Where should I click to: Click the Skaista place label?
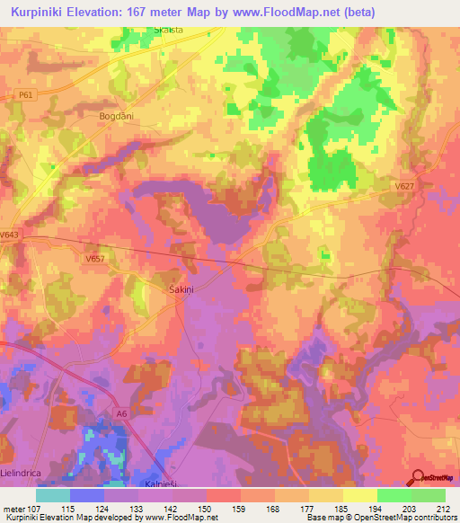[168, 30]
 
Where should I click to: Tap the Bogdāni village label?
[116, 116]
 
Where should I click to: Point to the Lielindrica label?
[22, 472]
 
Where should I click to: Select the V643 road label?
[10, 235]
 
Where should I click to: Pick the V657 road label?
[95, 259]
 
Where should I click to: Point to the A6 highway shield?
[119, 412]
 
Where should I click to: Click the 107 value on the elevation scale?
[34, 508]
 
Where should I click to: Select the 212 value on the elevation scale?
[438, 508]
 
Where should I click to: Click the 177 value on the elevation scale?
[304, 508]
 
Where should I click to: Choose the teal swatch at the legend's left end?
[53, 495]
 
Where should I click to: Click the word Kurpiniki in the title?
[43, 12]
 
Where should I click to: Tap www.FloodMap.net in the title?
[273, 12]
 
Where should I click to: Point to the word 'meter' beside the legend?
[13, 508]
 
